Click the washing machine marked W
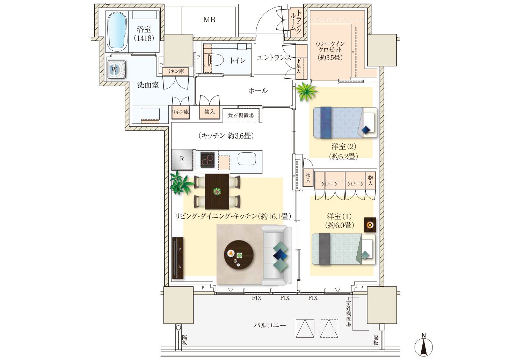click(x=117, y=70)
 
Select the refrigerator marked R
click(x=182, y=159)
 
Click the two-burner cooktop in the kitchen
click(x=208, y=160)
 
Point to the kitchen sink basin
click(x=247, y=159)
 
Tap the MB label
click(x=209, y=20)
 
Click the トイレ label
click(x=238, y=60)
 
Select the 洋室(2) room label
click(x=344, y=146)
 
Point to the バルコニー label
click(x=270, y=325)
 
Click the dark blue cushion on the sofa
click(x=281, y=255)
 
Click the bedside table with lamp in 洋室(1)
click(x=370, y=225)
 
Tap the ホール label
click(x=258, y=91)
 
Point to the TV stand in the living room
click(x=178, y=258)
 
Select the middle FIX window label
click(x=285, y=298)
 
